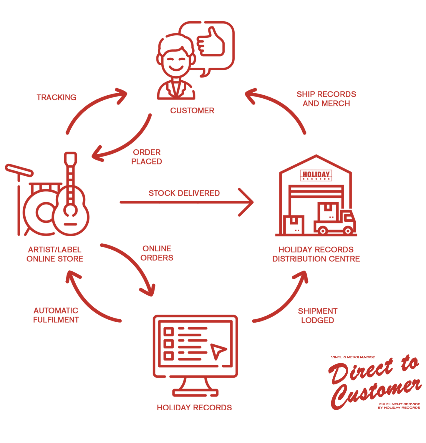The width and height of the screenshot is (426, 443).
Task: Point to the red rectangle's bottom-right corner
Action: coord(422,410)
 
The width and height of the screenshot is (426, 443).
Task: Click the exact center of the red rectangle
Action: coord(213,216)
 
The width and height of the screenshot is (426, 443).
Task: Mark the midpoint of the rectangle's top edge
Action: coord(213,21)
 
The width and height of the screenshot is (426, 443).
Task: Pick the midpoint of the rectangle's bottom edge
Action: coord(213,410)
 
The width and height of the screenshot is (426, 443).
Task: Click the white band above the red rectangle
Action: coord(213,10)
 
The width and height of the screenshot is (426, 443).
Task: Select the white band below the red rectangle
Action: coord(213,427)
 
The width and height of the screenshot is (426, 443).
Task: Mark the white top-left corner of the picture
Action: coord(1,1)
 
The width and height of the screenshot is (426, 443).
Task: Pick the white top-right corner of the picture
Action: coord(424,1)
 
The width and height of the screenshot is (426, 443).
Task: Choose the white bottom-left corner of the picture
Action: coord(1,441)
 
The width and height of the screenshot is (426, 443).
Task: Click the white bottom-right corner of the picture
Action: coord(424,441)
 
